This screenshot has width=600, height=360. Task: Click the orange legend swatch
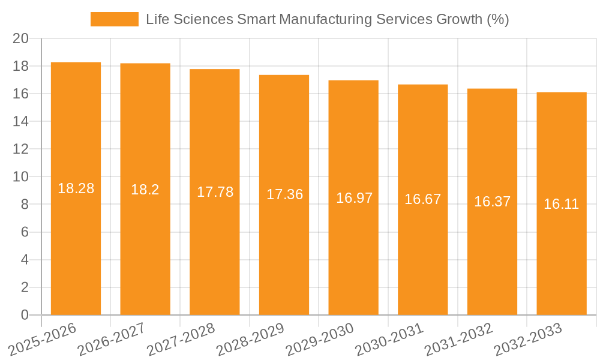coord(114,19)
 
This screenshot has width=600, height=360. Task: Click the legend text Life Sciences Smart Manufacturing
coord(328,19)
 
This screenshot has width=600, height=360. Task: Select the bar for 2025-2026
coord(76,252)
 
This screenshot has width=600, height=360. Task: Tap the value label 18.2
coord(145,190)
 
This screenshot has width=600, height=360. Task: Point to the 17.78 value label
coord(215,192)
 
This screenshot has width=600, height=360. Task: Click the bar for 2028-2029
coord(284,258)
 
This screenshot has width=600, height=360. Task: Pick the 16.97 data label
coord(354,198)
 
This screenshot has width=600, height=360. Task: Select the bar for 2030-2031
coord(423,258)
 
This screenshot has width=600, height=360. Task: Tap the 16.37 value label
coord(492,202)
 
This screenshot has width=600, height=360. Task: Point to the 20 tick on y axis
coord(20,38)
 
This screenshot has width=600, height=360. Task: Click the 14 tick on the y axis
coord(20,121)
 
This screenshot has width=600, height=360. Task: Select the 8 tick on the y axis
coord(25,205)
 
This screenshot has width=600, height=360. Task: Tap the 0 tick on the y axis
coord(25,315)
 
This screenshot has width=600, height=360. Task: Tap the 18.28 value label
coord(76,188)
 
